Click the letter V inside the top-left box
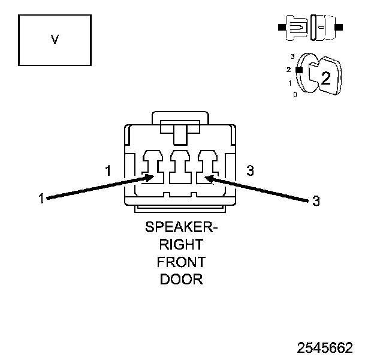click(55, 40)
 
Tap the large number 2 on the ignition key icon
click(325, 77)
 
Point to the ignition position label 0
click(294, 95)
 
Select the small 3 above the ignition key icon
click(292, 56)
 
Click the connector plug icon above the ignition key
click(310, 28)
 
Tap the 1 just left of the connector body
click(108, 171)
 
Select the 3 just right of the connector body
click(250, 171)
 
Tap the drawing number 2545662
click(325, 348)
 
